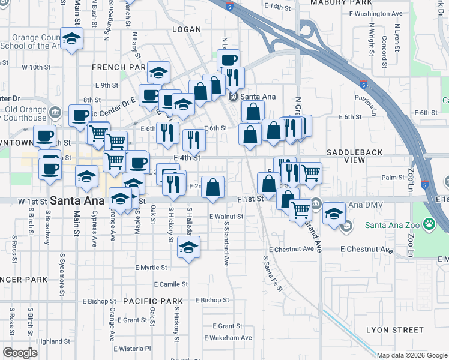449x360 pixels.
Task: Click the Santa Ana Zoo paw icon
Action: click(x=430, y=224)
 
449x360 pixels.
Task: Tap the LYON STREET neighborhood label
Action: click(x=396, y=330)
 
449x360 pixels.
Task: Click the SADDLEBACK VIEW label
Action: click(x=354, y=157)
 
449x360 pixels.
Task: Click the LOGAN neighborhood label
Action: click(x=186, y=29)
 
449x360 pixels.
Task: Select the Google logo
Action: click(x=20, y=353)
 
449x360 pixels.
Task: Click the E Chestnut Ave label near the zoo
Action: click(x=366, y=249)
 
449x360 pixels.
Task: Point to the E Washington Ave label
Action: click(x=375, y=13)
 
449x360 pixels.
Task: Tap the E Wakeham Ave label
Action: click(x=228, y=338)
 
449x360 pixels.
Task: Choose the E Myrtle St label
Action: click(x=155, y=267)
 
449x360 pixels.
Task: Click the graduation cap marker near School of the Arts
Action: click(x=72, y=40)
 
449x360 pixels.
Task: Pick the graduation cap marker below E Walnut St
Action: click(x=188, y=248)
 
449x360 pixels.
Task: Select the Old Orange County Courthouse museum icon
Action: click(x=55, y=112)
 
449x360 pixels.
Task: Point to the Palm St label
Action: click(x=393, y=178)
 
